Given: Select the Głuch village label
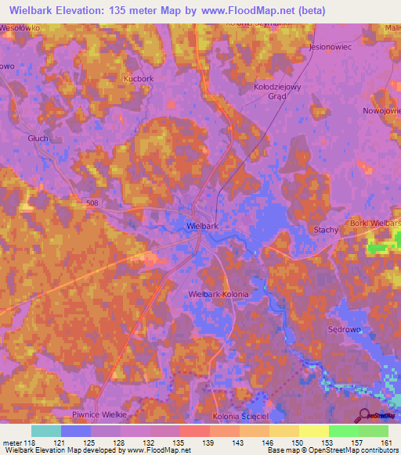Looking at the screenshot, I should click(37, 138).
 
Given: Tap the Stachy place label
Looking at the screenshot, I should click(325, 230).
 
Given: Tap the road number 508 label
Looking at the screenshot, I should click(93, 203).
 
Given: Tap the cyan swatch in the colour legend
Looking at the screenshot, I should click(45, 431).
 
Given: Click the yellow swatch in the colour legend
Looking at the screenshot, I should click(313, 431).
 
